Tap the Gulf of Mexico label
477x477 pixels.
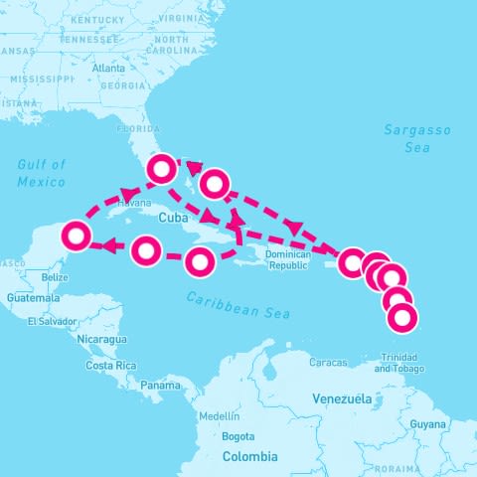click(x=42, y=173)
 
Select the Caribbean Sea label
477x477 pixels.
click(x=238, y=305)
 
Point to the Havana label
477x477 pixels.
click(x=133, y=203)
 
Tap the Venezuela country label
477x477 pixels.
click(x=341, y=398)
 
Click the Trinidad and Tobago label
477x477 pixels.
click(x=397, y=363)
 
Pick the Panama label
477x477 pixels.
click(x=160, y=385)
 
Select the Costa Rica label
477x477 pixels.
click(x=110, y=366)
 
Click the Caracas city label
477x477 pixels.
click(x=327, y=362)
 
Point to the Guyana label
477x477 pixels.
click(x=428, y=424)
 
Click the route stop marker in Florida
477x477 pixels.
click(x=161, y=169)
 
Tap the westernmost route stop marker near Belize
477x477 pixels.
click(x=77, y=237)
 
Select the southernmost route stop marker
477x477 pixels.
click(x=401, y=318)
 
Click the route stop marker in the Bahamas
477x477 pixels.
click(x=215, y=183)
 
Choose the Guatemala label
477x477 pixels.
click(x=26, y=297)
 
